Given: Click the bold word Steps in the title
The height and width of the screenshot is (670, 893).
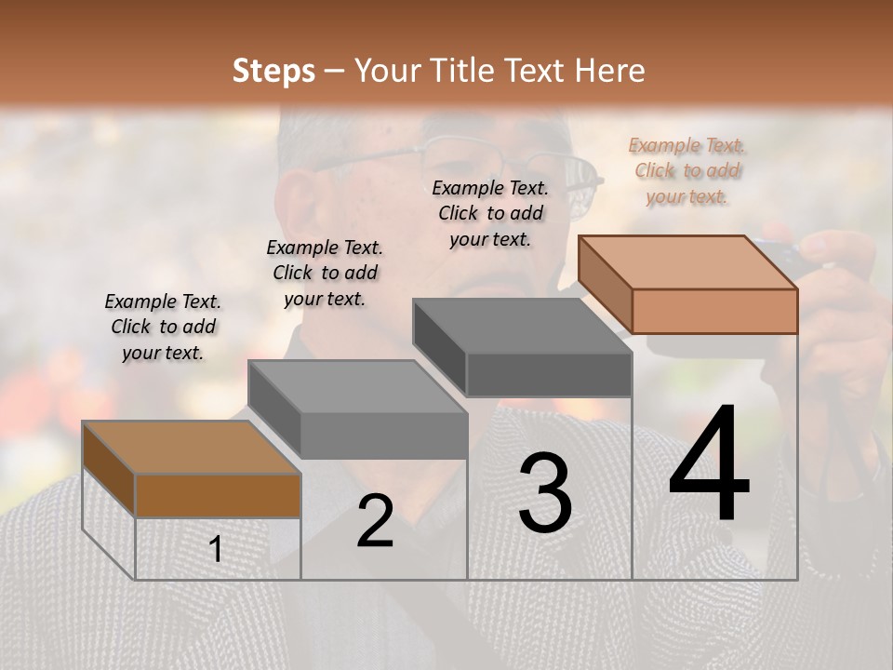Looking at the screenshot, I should (x=273, y=71).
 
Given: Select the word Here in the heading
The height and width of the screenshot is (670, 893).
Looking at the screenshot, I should (x=610, y=71).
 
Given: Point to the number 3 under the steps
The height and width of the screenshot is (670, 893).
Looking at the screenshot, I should (x=544, y=493).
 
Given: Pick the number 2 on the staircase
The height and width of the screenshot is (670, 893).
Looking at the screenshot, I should (x=375, y=522).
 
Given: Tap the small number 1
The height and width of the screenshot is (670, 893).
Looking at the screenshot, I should (x=216, y=549).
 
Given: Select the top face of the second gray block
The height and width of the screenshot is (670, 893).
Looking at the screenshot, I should (x=357, y=386).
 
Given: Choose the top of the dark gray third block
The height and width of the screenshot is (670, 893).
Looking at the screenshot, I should (x=522, y=326).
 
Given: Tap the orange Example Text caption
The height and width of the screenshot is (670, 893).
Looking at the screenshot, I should (x=686, y=170).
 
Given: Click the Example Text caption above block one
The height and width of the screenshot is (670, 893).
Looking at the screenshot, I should (x=163, y=327).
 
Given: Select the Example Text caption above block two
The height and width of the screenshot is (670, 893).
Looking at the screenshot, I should (x=324, y=273).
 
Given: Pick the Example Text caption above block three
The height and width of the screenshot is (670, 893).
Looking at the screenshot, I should (x=490, y=213).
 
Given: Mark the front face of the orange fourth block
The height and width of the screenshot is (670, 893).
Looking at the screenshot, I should (x=714, y=311).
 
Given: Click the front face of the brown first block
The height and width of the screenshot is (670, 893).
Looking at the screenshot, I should (x=218, y=496).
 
